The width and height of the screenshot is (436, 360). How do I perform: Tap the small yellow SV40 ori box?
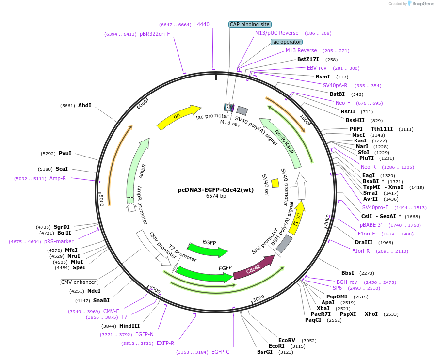(275, 183)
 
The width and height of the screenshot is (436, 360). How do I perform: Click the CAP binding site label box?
(250, 24)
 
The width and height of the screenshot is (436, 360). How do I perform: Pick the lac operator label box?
(286, 42)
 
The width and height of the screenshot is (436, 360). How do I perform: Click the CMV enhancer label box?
(79, 282)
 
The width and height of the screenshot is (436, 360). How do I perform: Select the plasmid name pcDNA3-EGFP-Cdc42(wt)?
(216, 189)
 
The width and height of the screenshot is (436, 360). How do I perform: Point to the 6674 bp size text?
(216, 196)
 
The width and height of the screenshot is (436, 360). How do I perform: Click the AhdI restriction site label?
(84, 105)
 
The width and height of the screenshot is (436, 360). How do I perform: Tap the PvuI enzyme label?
(65, 154)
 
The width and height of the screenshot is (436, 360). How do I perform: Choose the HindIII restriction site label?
(129, 326)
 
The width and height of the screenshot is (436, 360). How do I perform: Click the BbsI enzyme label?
(348, 273)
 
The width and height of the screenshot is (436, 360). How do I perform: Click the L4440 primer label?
(202, 24)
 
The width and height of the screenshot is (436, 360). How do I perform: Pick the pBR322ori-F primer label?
(155, 34)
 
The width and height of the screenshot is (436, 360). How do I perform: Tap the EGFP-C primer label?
(220, 352)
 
